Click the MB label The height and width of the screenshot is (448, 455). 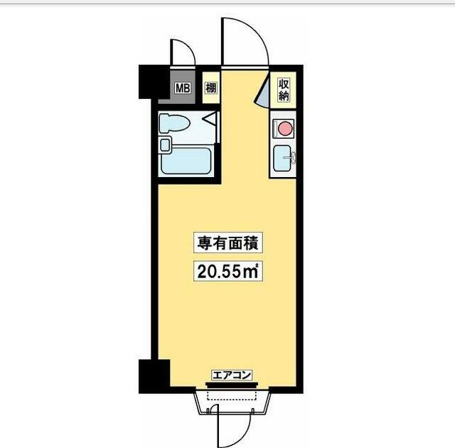pos(183,89)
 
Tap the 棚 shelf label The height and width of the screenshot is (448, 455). pos(210,89)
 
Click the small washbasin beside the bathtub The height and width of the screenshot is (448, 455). pos(166,145)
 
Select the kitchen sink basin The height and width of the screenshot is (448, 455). pos(283,157)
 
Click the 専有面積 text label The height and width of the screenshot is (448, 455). pos(227,243)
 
